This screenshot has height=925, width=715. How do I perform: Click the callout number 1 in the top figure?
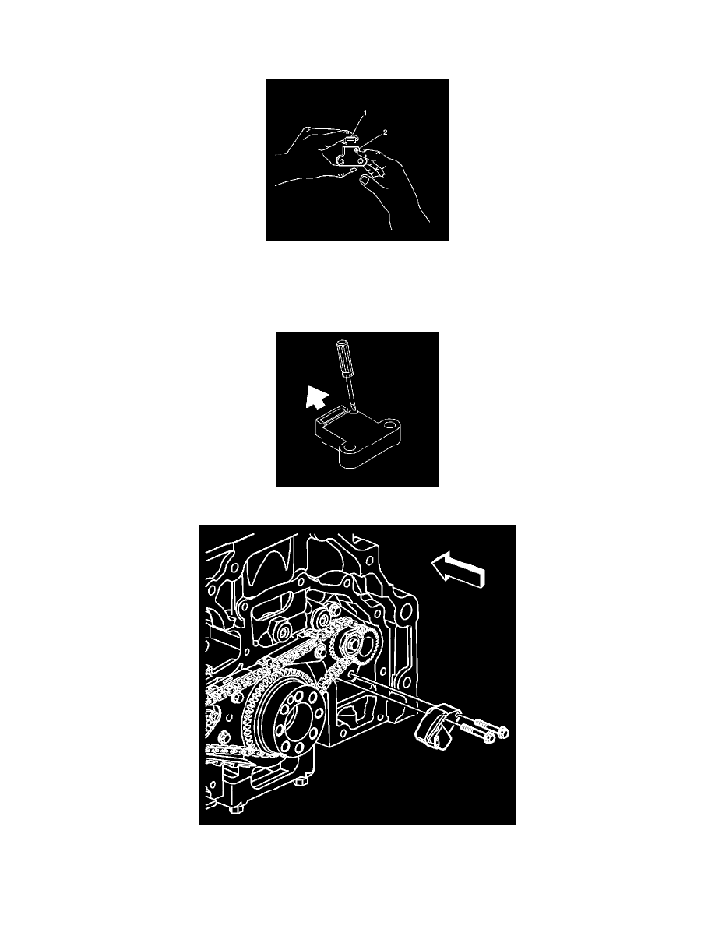(365, 112)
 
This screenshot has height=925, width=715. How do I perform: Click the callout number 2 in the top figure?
(385, 132)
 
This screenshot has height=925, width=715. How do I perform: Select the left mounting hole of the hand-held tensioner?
(342, 160)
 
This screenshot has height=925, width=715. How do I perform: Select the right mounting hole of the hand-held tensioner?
(358, 160)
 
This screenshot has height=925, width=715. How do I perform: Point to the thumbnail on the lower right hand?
(365, 184)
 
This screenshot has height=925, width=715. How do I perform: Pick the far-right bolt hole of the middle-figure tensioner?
(388, 424)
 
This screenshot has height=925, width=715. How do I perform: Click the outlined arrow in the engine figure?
(458, 570)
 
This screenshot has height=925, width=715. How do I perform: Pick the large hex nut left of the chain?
(282, 632)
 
